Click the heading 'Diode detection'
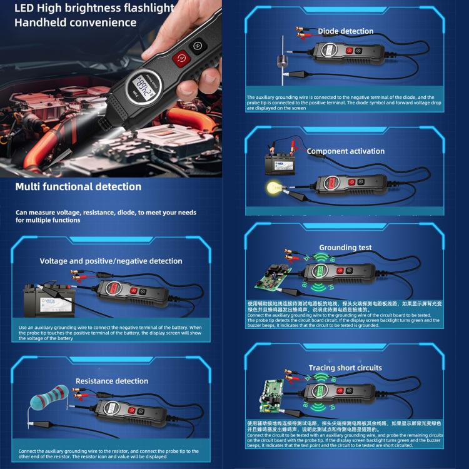[x=345, y=31]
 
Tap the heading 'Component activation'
[x=345, y=151]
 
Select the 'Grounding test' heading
[x=345, y=248]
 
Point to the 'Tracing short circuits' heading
[x=345, y=368]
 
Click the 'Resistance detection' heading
[x=112, y=381]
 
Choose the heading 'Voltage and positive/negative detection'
[x=111, y=261]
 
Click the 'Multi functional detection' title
[x=78, y=186]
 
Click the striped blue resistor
[x=51, y=398]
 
